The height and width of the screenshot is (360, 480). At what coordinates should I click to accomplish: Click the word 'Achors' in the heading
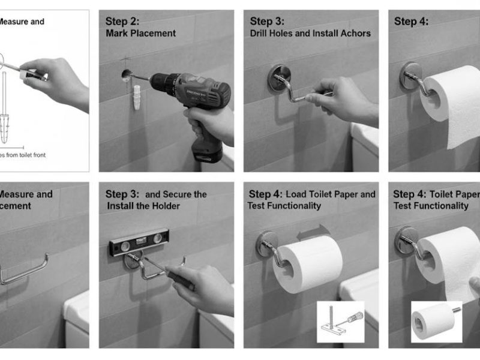[355, 34]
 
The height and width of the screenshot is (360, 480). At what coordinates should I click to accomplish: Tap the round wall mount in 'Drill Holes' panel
[278, 77]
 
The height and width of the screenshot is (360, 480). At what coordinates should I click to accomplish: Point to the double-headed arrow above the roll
[313, 232]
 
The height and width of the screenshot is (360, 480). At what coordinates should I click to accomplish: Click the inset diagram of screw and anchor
[340, 322]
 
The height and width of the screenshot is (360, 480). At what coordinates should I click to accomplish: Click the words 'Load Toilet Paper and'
[331, 194]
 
